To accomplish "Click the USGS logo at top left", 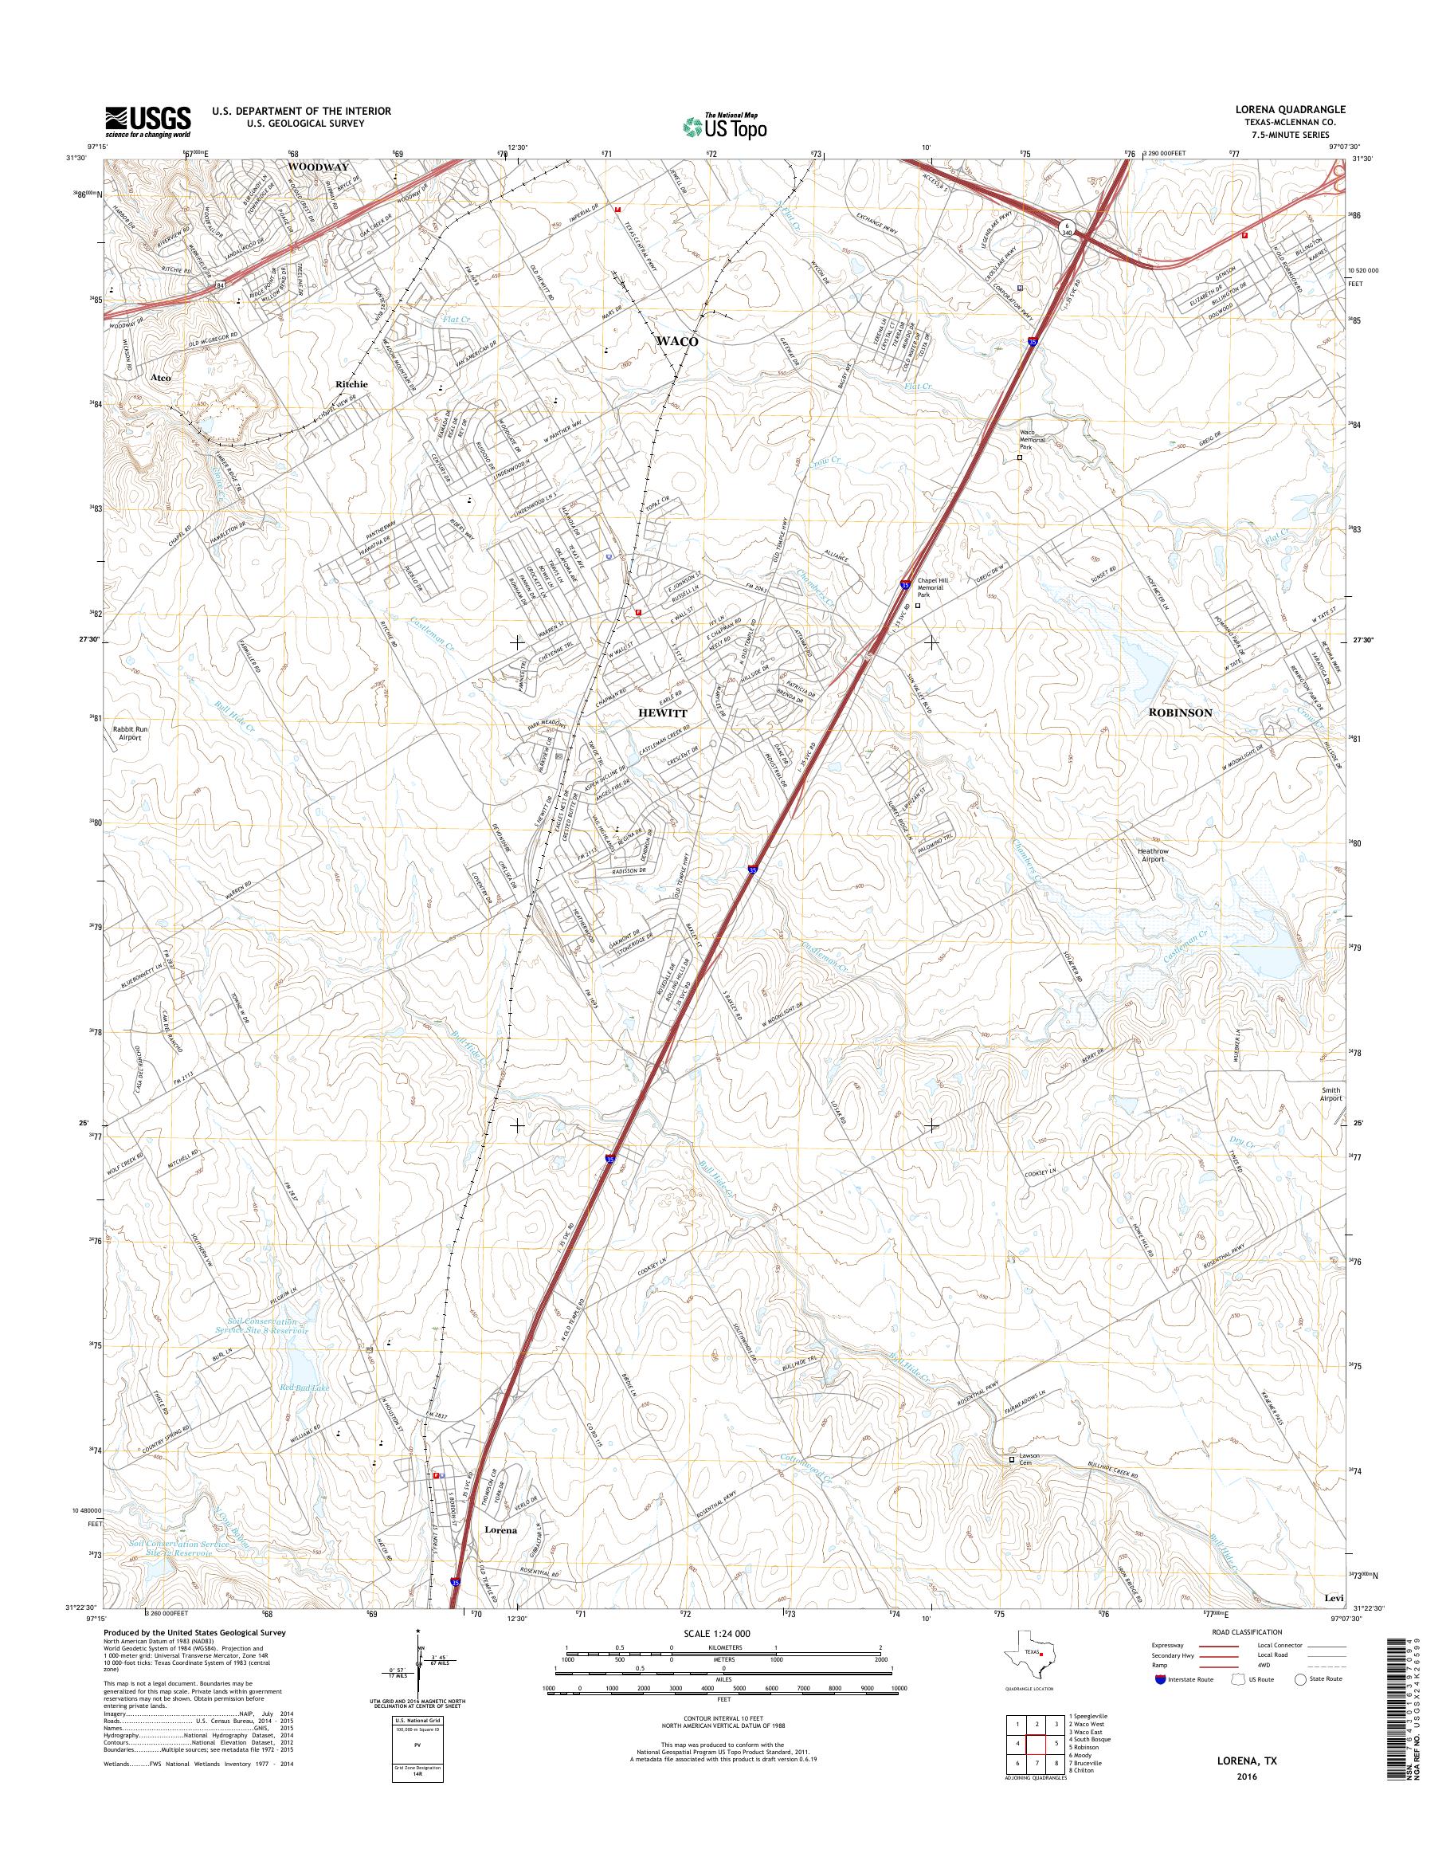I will (147, 122).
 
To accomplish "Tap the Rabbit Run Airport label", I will (130, 734).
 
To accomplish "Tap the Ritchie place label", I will (351, 384).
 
